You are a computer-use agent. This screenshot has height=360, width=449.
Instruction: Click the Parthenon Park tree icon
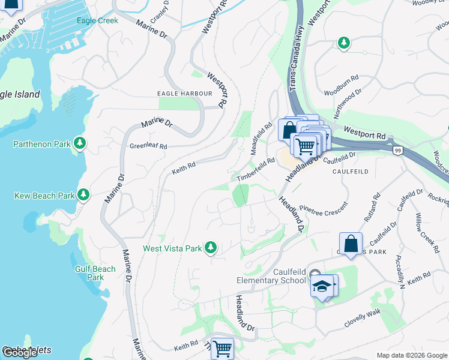(x=79, y=143)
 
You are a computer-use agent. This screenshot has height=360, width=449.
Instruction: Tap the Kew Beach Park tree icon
(x=83, y=195)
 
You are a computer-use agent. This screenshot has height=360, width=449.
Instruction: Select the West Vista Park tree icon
(x=210, y=247)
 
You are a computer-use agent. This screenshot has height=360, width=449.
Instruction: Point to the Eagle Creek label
(x=97, y=20)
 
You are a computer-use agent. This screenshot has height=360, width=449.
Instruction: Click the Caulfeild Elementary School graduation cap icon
(x=322, y=286)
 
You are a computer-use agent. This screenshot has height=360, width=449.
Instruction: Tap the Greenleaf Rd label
(x=148, y=146)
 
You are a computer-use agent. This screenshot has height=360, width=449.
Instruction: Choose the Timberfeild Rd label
(x=255, y=169)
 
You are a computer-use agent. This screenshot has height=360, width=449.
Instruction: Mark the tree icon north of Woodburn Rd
(x=343, y=43)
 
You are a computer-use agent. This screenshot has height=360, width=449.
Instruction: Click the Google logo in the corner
(x=20, y=353)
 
